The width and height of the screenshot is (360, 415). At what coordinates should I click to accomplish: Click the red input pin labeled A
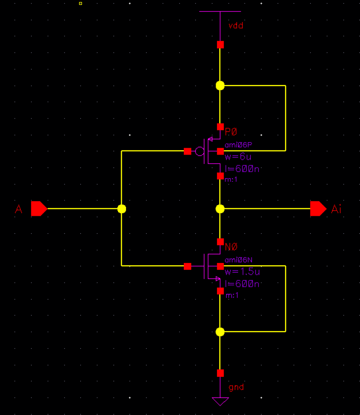(x=39, y=209)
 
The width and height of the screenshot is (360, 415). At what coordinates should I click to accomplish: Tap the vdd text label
(x=236, y=25)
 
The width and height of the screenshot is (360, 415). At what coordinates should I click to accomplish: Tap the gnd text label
(x=236, y=387)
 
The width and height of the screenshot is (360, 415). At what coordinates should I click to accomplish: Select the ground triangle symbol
(x=220, y=401)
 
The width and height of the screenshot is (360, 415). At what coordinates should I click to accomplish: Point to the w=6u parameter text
(x=235, y=157)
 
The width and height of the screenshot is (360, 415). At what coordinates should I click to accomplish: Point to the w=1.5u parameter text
(x=242, y=271)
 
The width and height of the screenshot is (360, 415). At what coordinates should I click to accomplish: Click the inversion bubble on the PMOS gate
(x=199, y=151)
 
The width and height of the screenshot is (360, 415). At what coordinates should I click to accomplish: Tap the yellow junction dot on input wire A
(x=121, y=209)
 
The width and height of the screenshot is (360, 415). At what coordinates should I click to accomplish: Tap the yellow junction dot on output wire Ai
(x=220, y=209)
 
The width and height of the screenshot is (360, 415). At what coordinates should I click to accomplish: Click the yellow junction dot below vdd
(x=220, y=85)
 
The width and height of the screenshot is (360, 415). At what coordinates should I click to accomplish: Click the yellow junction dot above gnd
(x=220, y=332)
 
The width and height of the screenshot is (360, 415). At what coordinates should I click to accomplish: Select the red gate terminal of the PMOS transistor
(x=187, y=151)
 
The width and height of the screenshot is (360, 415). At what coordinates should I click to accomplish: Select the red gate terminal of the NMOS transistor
(x=187, y=266)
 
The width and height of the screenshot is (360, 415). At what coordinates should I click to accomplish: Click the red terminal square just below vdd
(x=220, y=45)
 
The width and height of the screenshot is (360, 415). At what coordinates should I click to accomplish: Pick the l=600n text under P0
(x=242, y=169)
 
